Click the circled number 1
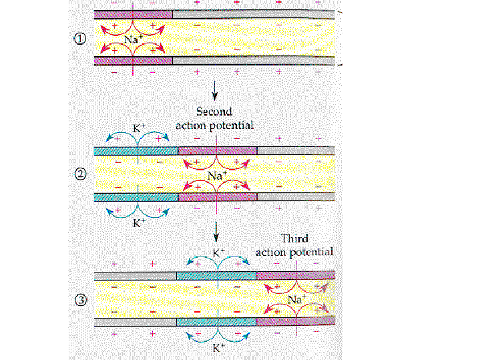click(81, 38)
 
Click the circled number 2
click(81, 174)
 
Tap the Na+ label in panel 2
click(216, 176)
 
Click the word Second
click(214, 112)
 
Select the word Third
click(294, 238)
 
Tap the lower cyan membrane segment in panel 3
click(216, 322)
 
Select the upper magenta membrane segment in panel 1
click(134, 14)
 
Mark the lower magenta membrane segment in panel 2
click(218, 197)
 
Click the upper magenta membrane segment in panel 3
click(295, 276)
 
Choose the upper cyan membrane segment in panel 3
click(216, 276)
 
